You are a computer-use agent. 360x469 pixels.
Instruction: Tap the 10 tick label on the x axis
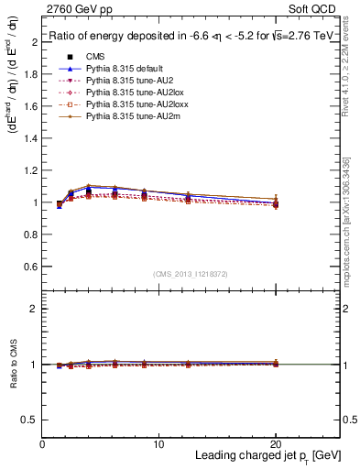point(158,444)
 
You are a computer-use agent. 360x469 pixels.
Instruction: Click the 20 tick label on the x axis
point(276,444)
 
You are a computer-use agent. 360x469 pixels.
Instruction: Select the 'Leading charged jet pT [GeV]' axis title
point(267,456)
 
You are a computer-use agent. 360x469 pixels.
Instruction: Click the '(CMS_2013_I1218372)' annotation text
point(191,274)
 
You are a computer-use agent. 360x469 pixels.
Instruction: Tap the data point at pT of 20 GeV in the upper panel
point(276,203)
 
